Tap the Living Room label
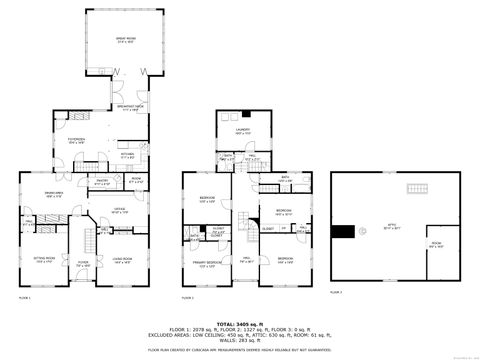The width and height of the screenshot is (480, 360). [123, 261]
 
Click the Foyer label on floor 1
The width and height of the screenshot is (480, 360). [83, 264]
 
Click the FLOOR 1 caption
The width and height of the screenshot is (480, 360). [25, 298]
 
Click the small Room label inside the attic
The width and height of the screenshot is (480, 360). [436, 244]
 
